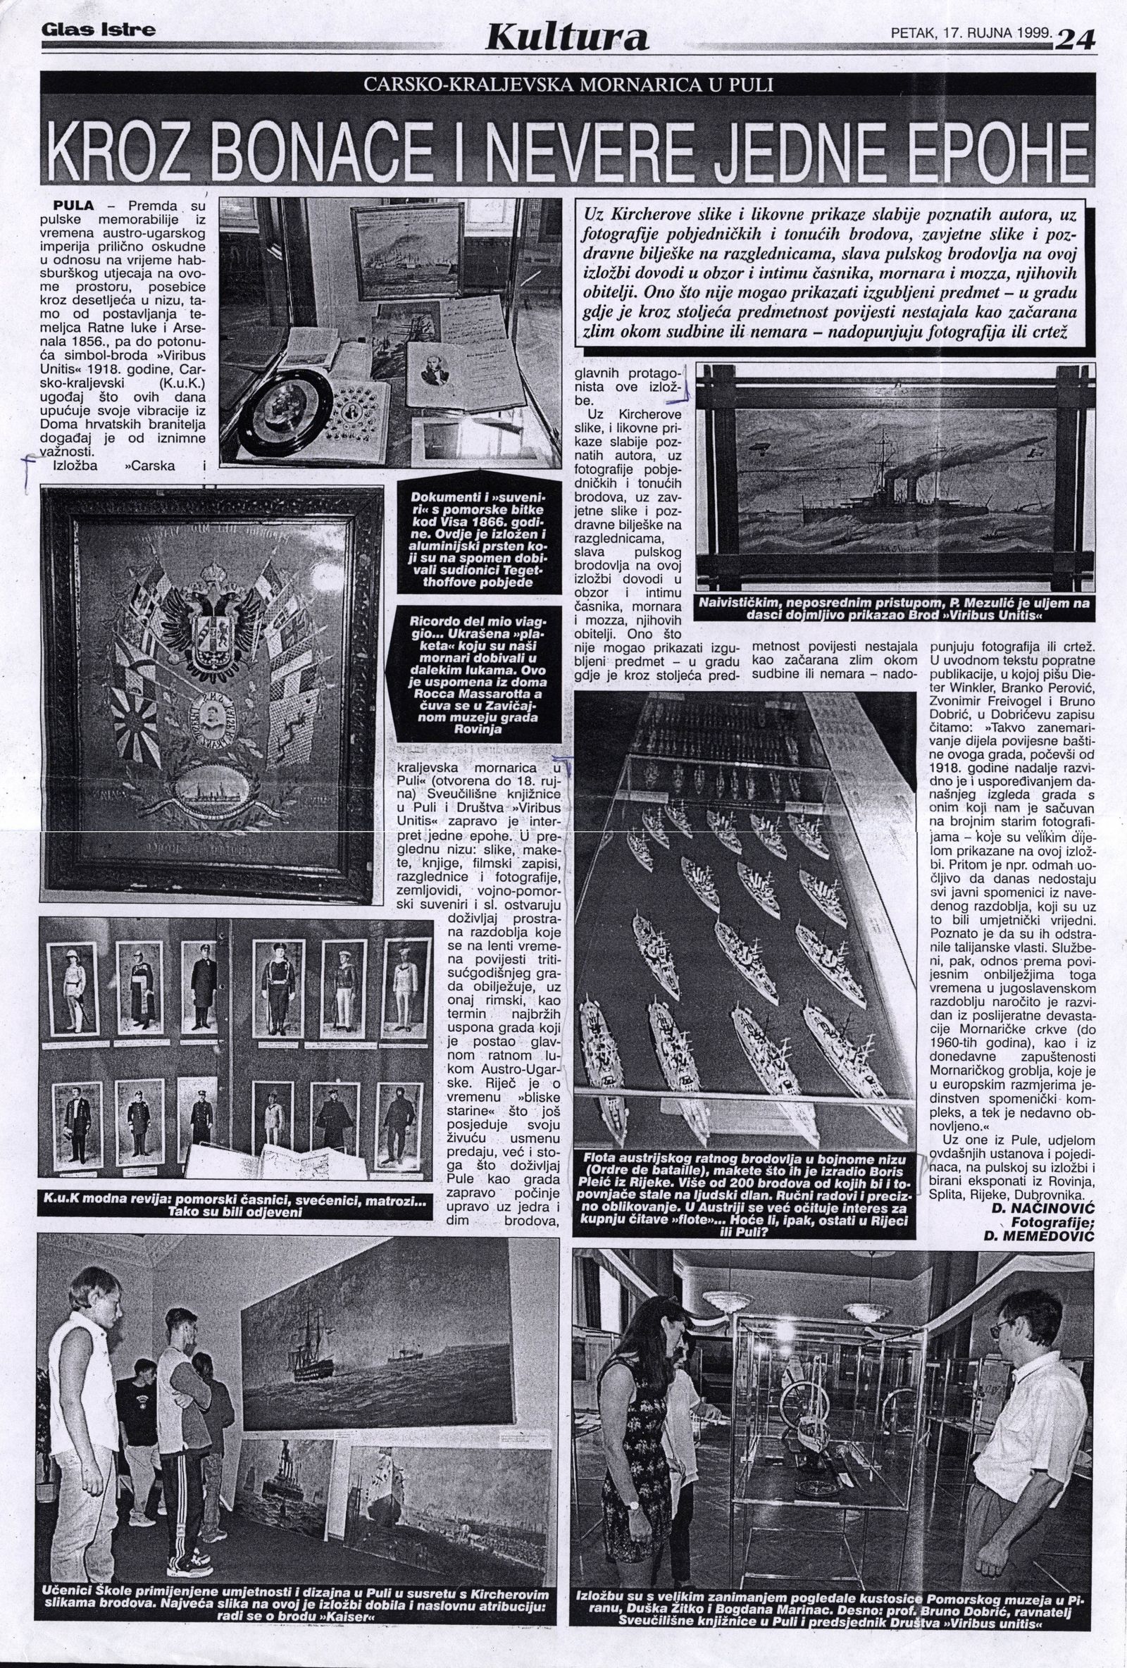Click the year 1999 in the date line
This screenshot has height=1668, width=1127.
click(1031, 33)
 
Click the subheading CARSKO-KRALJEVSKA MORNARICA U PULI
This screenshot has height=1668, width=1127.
click(568, 85)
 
